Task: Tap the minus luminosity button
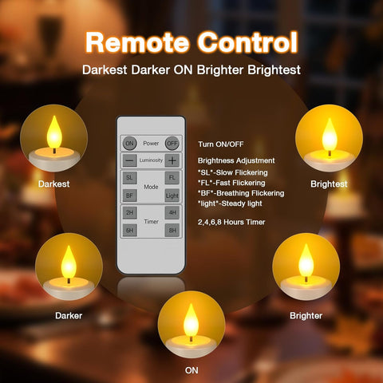point(129,160)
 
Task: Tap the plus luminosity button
point(172,160)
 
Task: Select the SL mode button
point(129,177)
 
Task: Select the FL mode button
point(172,177)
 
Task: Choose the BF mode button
point(129,194)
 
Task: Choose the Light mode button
point(172,194)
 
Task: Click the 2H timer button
point(129,212)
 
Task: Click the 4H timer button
point(172,212)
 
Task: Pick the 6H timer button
point(129,229)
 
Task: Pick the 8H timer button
point(172,229)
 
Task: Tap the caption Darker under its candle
point(69,315)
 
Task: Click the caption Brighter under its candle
point(306,315)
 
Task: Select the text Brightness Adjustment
point(236,160)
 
